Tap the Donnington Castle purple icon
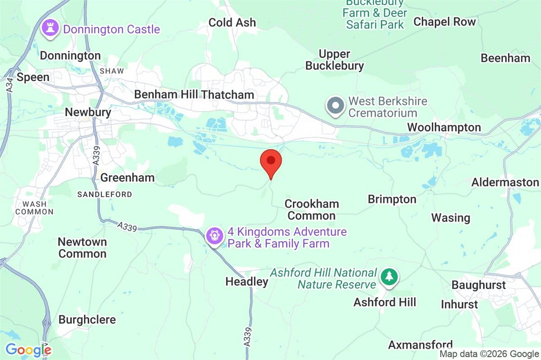click(x=50, y=28)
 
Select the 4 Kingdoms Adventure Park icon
click(x=215, y=235)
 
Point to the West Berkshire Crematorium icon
click(x=335, y=106)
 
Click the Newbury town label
click(x=88, y=112)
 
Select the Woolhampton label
click(x=444, y=127)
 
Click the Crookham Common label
click(x=311, y=210)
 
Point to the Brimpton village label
click(x=392, y=199)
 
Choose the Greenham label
click(x=127, y=177)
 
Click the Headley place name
click(x=247, y=282)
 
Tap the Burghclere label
click(x=87, y=319)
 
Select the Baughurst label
click(x=478, y=285)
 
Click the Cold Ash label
click(x=232, y=23)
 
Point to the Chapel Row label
click(x=445, y=21)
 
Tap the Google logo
click(x=28, y=350)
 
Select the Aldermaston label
click(x=505, y=182)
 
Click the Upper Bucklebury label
click(x=334, y=60)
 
